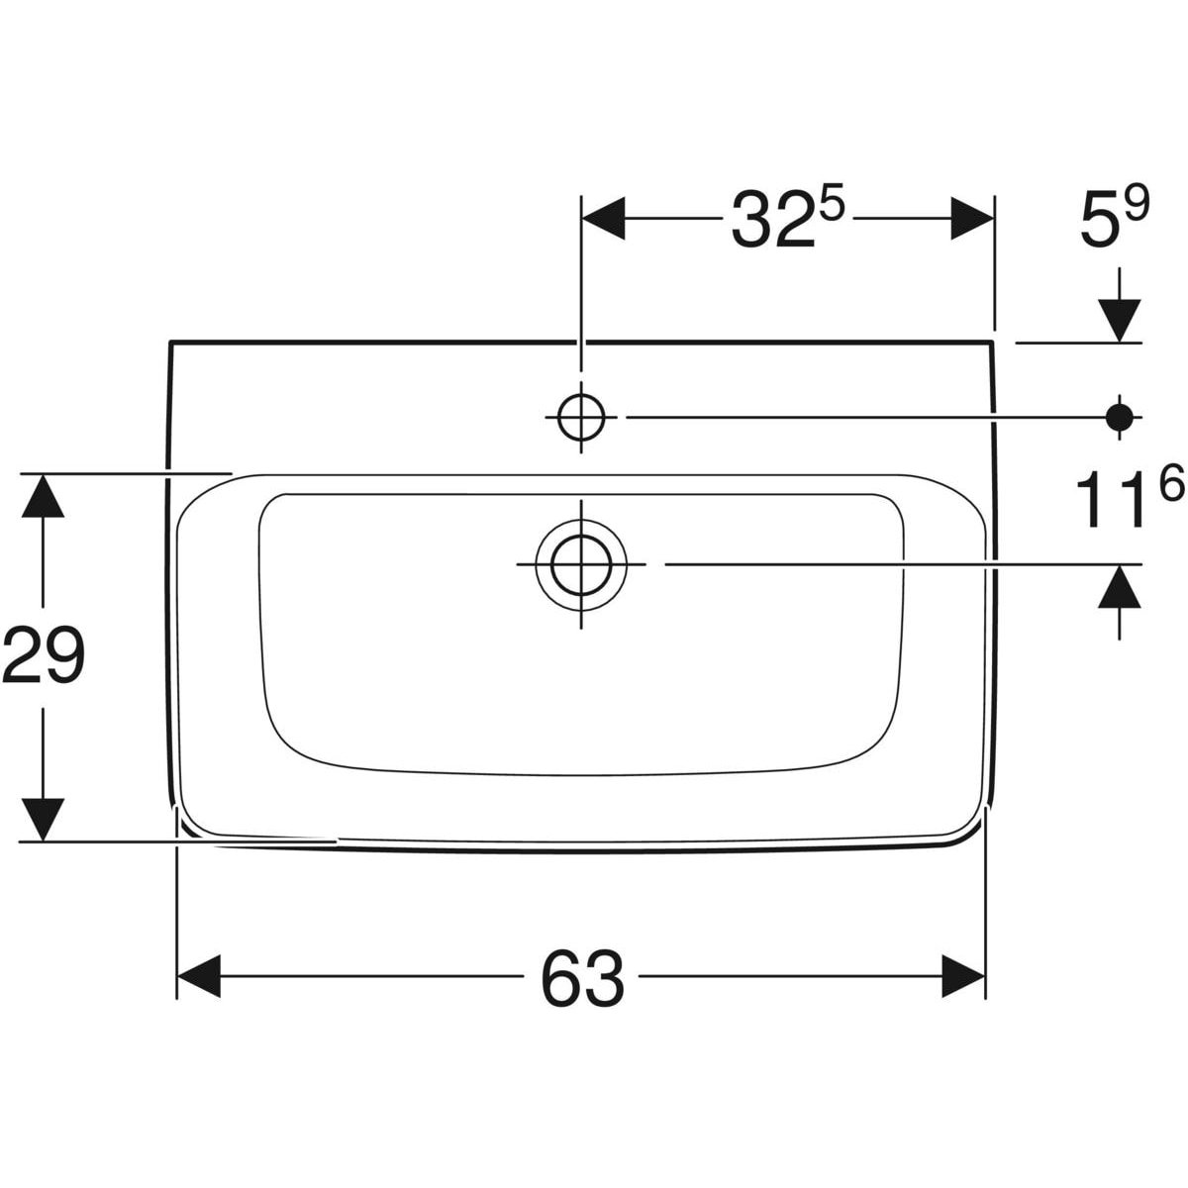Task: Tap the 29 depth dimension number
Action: click(x=44, y=654)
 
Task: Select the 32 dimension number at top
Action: click(x=773, y=219)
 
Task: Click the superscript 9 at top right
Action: click(x=1137, y=204)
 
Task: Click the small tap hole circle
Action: click(x=581, y=418)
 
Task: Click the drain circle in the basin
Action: click(x=581, y=565)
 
